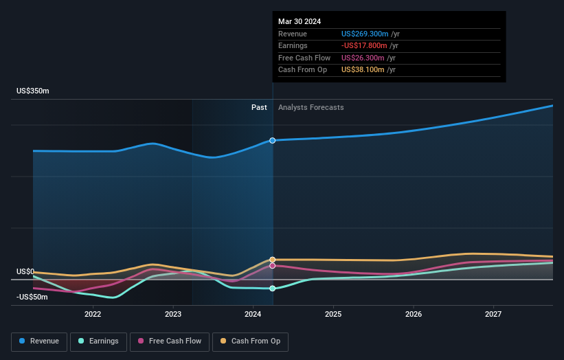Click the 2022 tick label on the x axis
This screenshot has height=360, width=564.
(93, 314)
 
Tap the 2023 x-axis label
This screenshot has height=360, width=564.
(173, 314)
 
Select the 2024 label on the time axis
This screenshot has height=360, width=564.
(253, 314)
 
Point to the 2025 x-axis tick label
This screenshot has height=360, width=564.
(333, 314)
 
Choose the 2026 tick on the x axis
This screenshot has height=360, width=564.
(413, 314)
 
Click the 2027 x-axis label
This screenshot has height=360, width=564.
(493, 314)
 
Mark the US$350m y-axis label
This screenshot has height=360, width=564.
(33, 91)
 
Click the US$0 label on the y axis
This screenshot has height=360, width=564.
(26, 271)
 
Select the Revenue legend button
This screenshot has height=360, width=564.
(39, 341)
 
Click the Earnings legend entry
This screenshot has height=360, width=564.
(98, 341)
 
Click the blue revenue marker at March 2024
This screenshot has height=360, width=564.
(273, 140)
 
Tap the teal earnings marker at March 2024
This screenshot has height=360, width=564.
(273, 289)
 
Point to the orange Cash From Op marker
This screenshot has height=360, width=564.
(273, 260)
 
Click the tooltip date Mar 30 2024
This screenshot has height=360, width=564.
(300, 21)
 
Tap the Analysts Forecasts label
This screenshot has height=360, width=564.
(311, 107)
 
